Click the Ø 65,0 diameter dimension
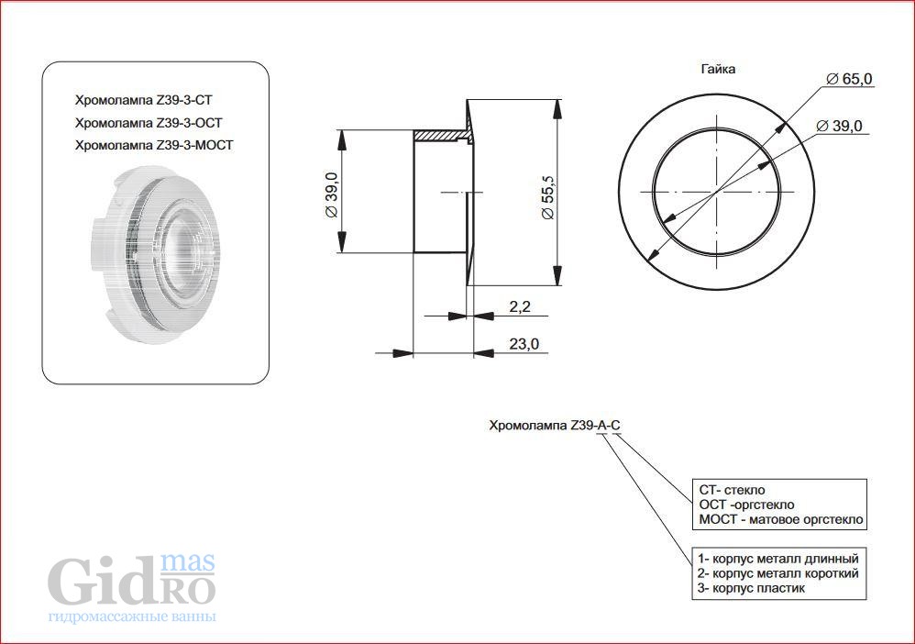tap(850, 78)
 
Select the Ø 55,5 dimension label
tap(548, 197)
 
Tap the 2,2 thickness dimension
tap(519, 306)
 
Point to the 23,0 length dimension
tap(524, 344)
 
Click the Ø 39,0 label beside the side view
tap(331, 194)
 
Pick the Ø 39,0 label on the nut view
tap(839, 126)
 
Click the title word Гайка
tap(718, 69)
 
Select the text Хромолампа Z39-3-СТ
tap(144, 100)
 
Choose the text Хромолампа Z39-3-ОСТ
tap(149, 123)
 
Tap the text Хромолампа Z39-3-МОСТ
tap(154, 145)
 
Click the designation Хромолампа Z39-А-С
tap(555, 425)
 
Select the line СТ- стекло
tap(732, 490)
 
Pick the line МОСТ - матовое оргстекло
tap(781, 519)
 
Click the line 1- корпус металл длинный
tap(778, 559)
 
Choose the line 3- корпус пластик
tap(751, 588)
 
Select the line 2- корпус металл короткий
tap(778, 573)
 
